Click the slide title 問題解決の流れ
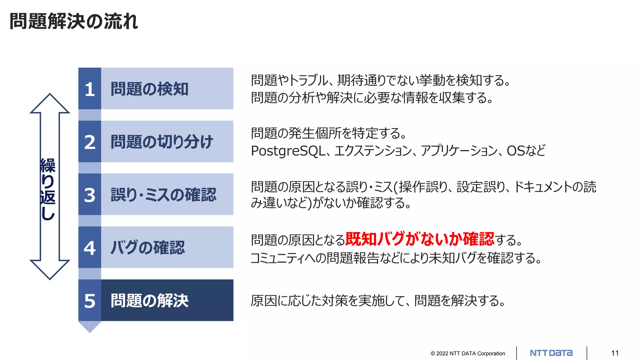click(74, 22)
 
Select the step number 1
click(90, 89)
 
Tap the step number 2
click(90, 142)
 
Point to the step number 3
click(90, 195)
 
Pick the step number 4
click(90, 248)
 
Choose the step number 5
click(90, 301)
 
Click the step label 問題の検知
click(150, 89)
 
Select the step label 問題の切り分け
click(162, 142)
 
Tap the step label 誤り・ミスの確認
click(163, 195)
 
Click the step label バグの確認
click(148, 247)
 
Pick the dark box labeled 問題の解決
click(167, 301)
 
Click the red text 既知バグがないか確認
click(420, 239)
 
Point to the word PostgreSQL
click(288, 151)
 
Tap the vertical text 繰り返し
click(48, 189)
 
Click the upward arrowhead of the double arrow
click(50, 103)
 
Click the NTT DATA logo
click(551, 353)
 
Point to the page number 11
click(615, 353)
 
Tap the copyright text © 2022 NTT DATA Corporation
click(468, 353)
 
